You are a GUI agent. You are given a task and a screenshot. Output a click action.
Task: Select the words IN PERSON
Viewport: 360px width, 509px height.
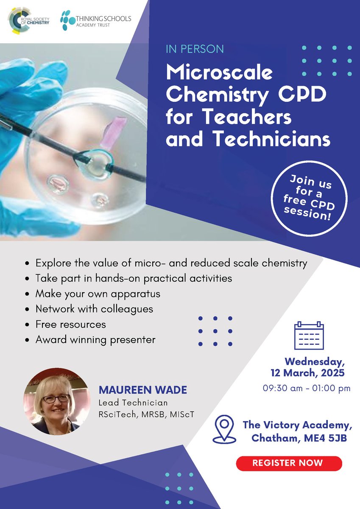click(x=195, y=49)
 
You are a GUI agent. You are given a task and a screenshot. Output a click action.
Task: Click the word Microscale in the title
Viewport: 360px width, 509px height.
click(x=219, y=73)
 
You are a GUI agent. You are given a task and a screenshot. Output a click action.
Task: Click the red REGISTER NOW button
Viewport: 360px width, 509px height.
click(x=289, y=463)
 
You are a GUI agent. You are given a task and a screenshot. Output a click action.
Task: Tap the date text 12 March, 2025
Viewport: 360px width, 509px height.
click(x=308, y=374)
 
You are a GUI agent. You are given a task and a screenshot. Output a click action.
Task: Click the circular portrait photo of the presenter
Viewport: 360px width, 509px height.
click(x=56, y=401)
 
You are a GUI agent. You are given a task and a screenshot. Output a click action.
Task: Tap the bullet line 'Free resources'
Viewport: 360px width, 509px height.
click(x=71, y=324)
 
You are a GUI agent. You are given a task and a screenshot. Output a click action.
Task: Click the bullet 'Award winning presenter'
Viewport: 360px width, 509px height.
click(x=95, y=340)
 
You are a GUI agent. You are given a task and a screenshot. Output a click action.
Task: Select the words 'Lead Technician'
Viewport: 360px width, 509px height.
click(x=133, y=403)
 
